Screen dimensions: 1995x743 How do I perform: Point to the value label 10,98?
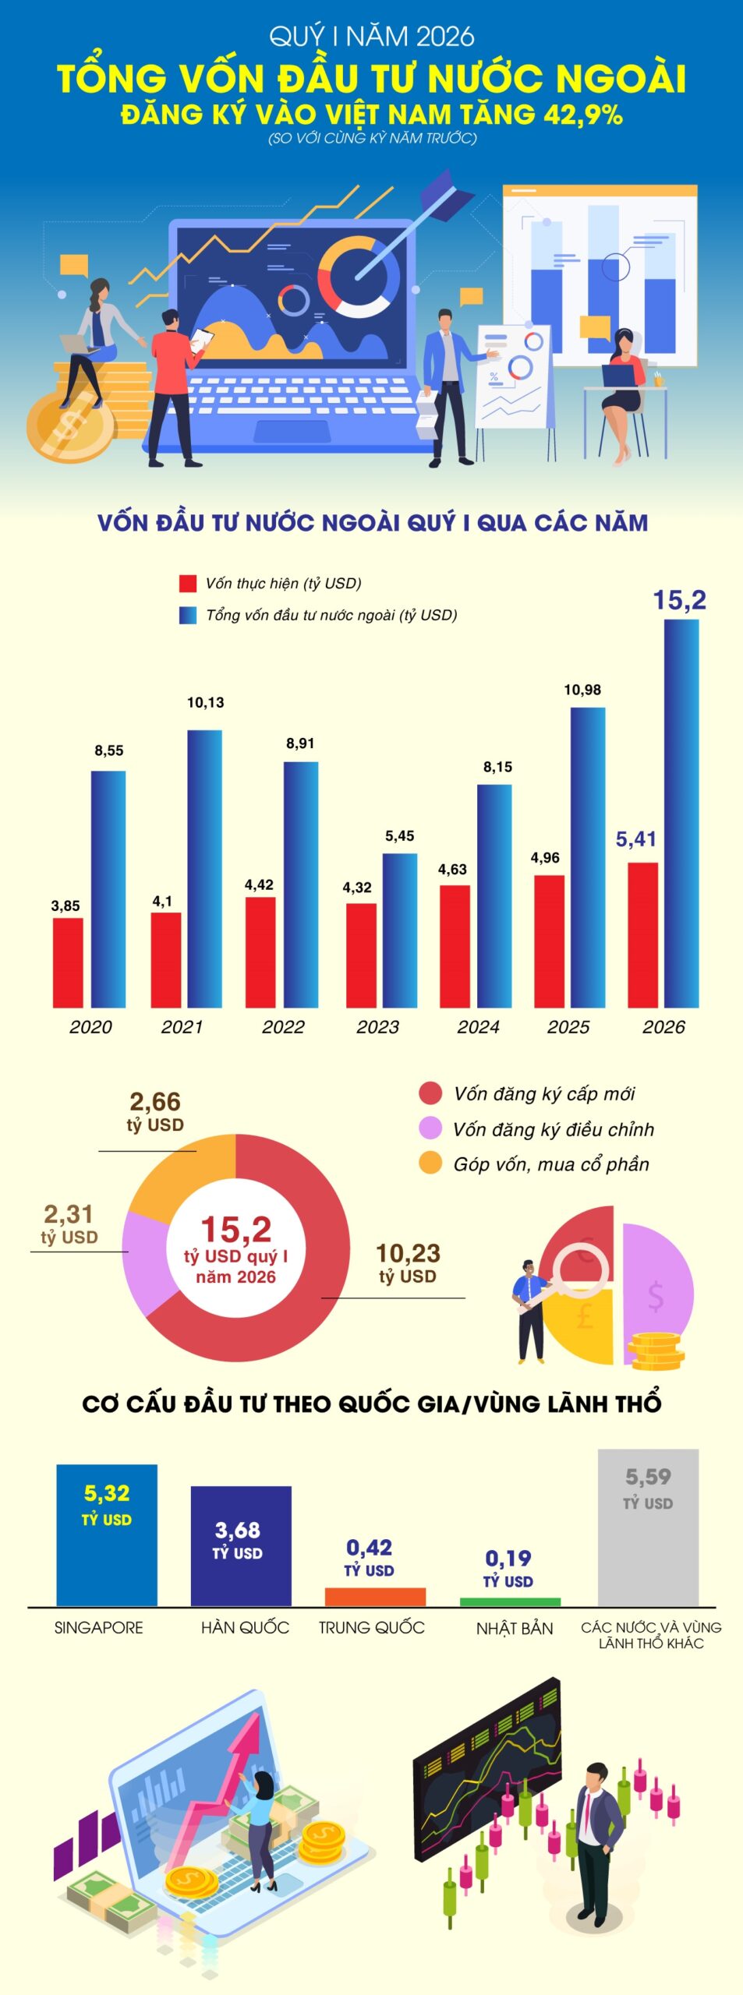582,690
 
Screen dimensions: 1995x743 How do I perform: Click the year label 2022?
283,1026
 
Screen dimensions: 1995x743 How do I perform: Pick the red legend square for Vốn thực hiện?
188,584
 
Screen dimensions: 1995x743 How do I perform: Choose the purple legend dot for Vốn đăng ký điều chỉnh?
430,1128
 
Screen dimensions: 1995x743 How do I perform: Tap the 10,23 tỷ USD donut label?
408,1263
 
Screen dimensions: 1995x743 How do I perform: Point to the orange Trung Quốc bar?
375,1597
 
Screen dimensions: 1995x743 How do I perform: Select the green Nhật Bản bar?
510,1602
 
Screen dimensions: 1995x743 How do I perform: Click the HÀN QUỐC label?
245,1628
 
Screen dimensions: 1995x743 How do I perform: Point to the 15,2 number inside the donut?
236,1230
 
